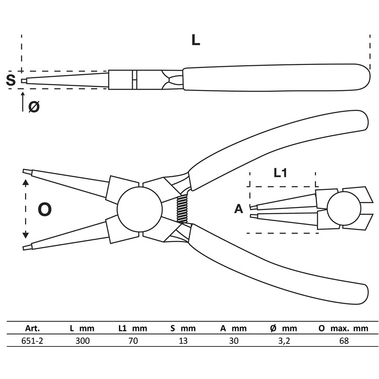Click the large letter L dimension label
click(x=195, y=40)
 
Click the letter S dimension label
click(x=10, y=80)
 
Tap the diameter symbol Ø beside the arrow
click(x=34, y=107)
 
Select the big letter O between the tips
click(x=44, y=209)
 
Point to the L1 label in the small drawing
click(x=280, y=173)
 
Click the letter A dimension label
click(x=239, y=208)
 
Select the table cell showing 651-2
click(x=33, y=341)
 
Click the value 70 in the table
click(x=133, y=341)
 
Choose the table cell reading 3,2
click(x=285, y=341)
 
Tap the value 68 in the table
click(x=344, y=341)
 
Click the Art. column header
click(x=33, y=328)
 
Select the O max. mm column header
click(x=343, y=328)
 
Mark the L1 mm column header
click(x=133, y=328)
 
